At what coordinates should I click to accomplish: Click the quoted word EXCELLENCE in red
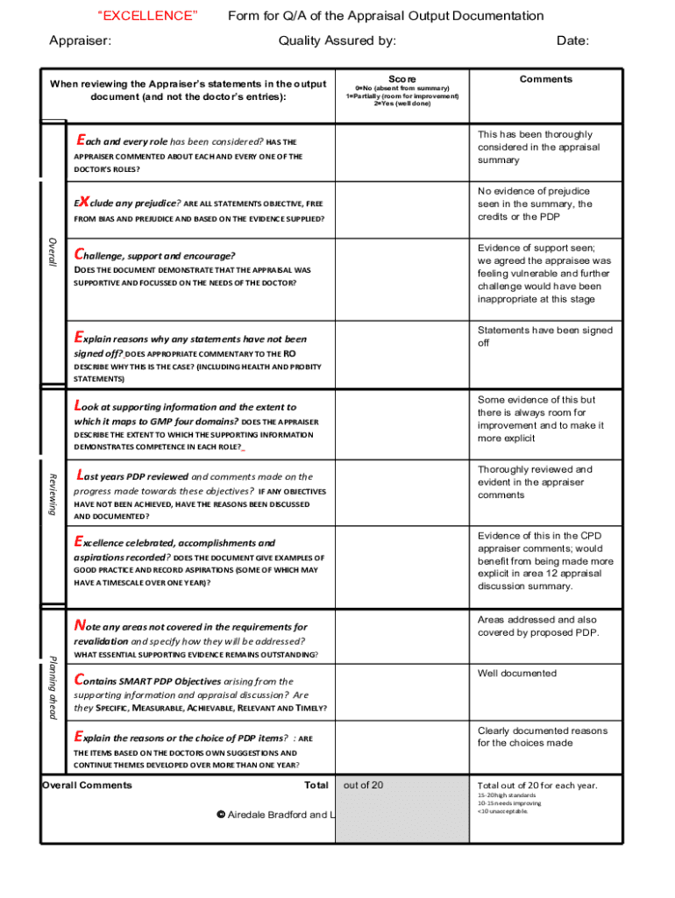pos(147,16)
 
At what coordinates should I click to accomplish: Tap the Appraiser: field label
pos(80,40)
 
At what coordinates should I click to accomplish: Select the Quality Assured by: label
pos(337,40)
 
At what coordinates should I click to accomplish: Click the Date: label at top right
pos(572,40)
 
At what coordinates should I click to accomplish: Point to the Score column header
pos(402,79)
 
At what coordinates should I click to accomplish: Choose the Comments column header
pos(545,79)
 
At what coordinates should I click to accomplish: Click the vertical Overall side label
pos(53,253)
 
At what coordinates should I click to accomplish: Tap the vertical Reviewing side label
pos(53,494)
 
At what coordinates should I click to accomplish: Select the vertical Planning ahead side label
pos(53,687)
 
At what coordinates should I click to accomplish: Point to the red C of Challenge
pos(79,254)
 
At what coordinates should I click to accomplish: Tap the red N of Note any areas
pos(80,625)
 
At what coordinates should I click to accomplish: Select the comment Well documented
pos(516,673)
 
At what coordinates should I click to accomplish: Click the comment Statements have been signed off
pos(544,337)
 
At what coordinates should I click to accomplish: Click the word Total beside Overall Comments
pos(316,785)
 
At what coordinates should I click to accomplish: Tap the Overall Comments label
pos(87,785)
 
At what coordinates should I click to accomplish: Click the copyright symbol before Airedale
pos(221,815)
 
